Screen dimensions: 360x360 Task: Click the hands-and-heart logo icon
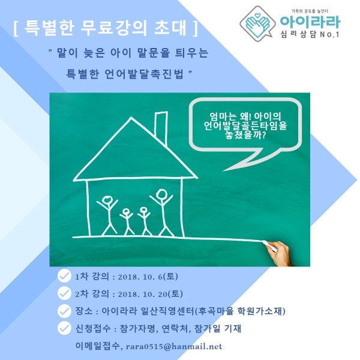257,23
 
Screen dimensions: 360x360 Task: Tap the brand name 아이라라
310,22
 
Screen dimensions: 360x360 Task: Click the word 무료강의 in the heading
114,28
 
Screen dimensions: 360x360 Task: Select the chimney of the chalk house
161,127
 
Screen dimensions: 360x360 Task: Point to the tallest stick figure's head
162,194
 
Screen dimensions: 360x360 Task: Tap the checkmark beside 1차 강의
64,276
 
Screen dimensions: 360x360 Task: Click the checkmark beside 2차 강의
64,293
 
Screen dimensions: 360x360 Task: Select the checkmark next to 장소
64,311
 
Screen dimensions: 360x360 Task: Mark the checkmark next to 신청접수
64,328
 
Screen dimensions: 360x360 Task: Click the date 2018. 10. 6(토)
148,277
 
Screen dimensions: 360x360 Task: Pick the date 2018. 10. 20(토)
151,294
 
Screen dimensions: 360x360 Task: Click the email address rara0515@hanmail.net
174,346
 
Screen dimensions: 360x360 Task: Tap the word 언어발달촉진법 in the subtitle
144,74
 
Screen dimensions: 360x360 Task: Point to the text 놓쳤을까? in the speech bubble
245,134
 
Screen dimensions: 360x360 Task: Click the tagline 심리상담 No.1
310,34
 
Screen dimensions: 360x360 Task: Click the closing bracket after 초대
196,28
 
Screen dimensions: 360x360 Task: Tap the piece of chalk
266,242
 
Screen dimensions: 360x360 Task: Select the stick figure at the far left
107,215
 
